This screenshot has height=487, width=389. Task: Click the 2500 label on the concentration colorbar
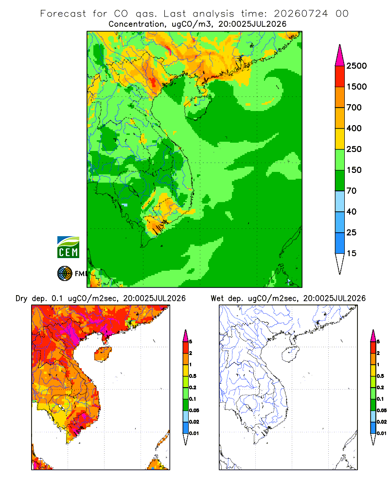356,66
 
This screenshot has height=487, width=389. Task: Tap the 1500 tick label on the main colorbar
356,87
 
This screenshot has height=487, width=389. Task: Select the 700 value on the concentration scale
354,108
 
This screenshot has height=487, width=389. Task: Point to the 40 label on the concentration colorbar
352,211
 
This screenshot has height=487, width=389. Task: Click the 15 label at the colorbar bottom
352,253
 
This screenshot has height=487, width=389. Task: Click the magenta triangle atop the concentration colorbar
340,56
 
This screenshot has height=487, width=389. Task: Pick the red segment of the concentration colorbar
340,76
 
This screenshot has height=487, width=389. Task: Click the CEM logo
68,247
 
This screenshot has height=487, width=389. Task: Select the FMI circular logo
65,274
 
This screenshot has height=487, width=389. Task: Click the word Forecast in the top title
63,14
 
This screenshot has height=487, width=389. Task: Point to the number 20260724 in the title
301,14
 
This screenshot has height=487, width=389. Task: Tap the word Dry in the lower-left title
21,299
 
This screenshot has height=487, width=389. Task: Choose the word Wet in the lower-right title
217,299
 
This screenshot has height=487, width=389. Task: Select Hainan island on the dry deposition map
103,355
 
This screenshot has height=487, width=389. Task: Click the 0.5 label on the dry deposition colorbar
193,376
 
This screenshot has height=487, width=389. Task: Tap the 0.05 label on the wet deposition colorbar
382,410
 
